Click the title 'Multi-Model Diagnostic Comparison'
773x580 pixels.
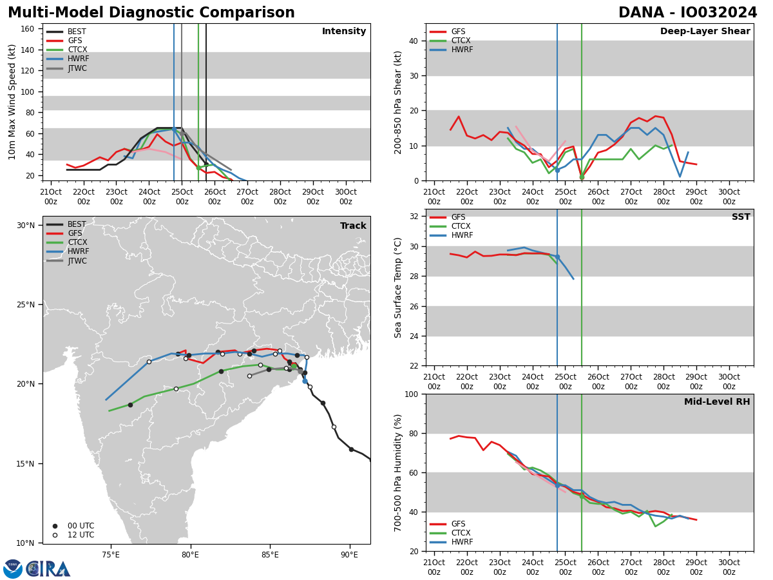[151, 13]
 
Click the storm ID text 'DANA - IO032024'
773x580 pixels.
[687, 13]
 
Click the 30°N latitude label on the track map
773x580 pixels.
[26, 226]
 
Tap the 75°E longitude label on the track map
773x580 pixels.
[111, 554]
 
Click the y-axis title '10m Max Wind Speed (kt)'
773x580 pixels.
[12, 102]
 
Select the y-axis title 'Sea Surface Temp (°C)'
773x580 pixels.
[398, 287]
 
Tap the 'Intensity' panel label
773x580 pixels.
[344, 32]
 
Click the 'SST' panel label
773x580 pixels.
[741, 217]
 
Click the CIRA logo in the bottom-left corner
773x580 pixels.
[37, 568]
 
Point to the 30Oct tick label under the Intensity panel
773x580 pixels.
[346, 197]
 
